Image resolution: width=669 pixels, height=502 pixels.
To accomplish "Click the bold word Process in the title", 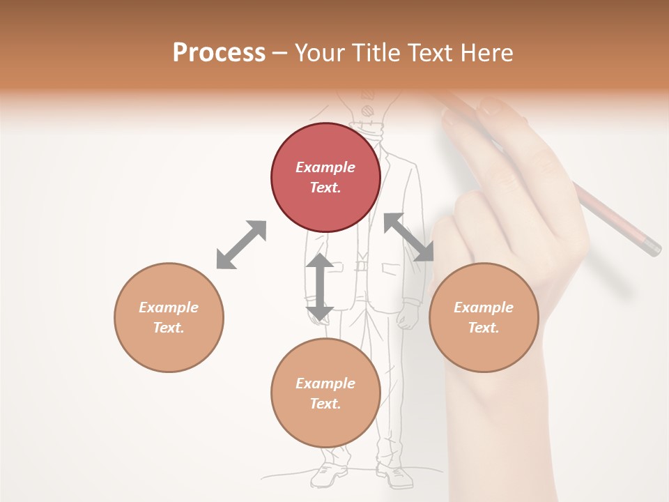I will tap(219, 53).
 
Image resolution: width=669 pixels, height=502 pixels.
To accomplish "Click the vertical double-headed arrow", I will tap(320, 287).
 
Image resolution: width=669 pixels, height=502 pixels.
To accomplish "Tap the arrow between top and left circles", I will tap(241, 245).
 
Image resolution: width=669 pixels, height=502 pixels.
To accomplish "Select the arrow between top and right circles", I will tap(409, 238).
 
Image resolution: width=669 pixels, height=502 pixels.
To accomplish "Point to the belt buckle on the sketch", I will tap(361, 266).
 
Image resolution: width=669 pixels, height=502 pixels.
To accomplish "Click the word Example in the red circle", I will tap(325, 167).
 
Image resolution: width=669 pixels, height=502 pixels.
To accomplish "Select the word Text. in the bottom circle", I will tap(325, 404).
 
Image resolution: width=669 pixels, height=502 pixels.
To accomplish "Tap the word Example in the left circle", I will tap(169, 307).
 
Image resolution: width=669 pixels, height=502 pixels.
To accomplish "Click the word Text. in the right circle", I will tap(484, 328).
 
